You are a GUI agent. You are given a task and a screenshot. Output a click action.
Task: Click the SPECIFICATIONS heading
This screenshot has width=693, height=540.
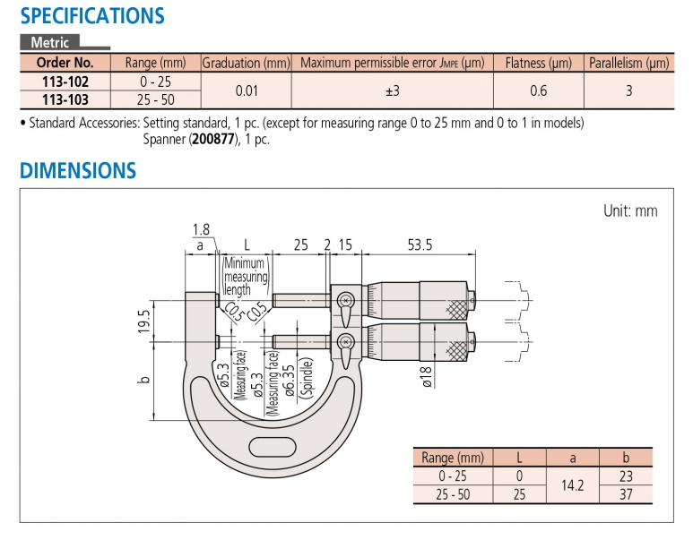[x=92, y=16]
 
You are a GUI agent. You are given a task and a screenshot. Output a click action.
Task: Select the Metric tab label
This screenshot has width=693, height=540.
[x=49, y=42]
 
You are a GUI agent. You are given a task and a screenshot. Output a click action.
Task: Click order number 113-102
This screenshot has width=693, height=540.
[x=65, y=81]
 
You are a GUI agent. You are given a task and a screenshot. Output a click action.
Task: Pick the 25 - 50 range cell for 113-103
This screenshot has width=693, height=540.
[x=156, y=99]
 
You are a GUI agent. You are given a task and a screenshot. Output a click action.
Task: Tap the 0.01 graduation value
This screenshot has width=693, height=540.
[x=247, y=90]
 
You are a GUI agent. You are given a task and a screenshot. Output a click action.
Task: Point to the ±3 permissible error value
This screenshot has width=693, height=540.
[x=393, y=90]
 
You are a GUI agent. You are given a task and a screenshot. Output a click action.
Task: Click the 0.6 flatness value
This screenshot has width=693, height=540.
[x=538, y=90]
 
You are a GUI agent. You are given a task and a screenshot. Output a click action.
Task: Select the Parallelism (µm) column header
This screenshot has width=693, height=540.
[x=629, y=64]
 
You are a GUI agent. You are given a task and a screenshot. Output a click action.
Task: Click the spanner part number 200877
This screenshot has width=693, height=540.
[x=213, y=140]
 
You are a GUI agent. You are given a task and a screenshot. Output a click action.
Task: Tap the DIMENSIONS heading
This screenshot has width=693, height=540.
[x=78, y=170]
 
